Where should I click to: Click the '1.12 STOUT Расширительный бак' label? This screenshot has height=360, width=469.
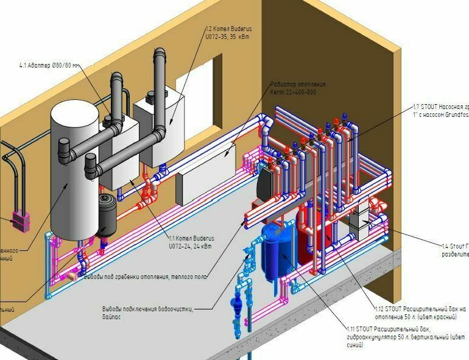[420, 312]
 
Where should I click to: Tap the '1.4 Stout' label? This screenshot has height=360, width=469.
[454, 250]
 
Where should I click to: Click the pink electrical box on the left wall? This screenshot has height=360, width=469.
[21, 220]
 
